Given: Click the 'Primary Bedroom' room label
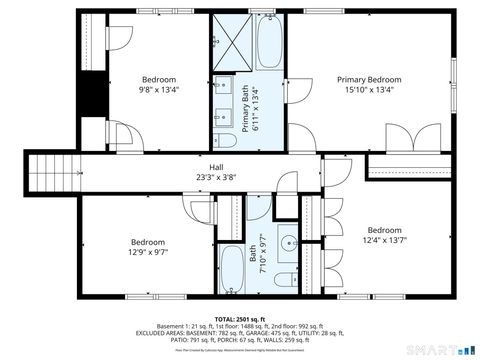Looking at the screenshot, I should [x=368, y=79].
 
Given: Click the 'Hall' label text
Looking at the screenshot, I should [x=216, y=167].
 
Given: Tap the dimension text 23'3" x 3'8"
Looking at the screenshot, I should [x=216, y=177].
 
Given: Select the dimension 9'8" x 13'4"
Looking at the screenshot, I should [x=158, y=89].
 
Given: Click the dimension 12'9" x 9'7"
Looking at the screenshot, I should [x=148, y=251].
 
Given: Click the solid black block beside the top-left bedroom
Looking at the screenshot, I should [x=93, y=96].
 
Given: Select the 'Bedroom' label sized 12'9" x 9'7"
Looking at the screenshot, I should [x=148, y=241].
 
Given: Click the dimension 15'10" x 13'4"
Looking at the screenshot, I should [x=368, y=89].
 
